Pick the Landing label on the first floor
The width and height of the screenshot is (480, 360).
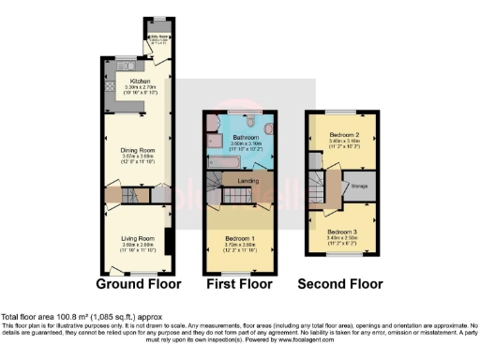point(247,181)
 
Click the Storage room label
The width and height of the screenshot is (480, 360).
point(360,186)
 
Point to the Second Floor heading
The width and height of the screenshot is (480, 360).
point(340,283)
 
